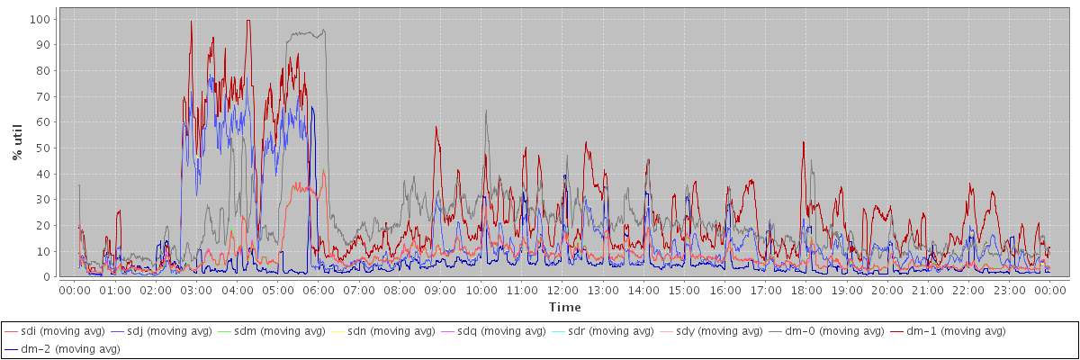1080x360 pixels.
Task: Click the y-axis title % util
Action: tap(16, 142)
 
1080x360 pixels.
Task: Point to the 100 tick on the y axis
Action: tap(40, 19)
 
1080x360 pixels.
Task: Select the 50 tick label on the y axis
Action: tap(43, 148)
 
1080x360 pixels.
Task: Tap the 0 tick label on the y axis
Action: tap(47, 277)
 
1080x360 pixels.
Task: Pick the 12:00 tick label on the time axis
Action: tap(562, 291)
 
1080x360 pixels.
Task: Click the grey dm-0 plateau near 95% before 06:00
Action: tap(306, 34)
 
